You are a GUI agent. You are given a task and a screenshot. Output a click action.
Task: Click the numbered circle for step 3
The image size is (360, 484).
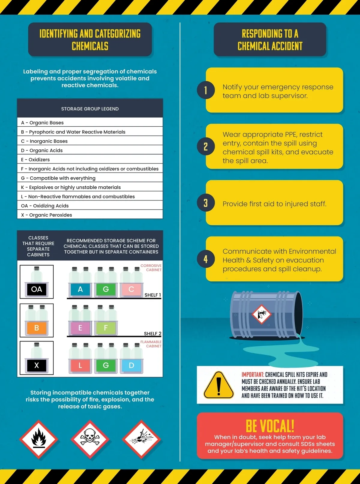coord(206,203)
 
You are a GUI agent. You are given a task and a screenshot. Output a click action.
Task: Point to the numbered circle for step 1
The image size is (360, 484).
coord(206,90)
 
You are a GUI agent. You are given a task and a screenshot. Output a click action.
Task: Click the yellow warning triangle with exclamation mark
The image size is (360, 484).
coord(218,385)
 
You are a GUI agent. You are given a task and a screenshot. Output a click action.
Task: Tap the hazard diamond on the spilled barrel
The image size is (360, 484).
coord(261,314)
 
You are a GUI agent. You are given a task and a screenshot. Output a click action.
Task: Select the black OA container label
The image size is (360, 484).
coord(37,289)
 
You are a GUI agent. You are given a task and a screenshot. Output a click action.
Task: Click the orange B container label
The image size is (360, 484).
coord(37,328)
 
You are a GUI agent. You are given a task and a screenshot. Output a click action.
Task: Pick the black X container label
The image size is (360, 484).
coord(37,365)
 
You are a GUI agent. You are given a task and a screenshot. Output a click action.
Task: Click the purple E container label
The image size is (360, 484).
coord(80,328)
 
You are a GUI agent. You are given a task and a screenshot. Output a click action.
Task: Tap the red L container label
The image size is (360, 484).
coord(80,365)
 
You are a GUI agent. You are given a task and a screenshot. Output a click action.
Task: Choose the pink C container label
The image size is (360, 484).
coord(131,289)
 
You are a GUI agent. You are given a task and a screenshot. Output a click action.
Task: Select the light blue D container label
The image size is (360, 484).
coord(131,365)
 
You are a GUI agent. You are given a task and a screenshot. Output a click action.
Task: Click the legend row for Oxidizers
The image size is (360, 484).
coord(90,159)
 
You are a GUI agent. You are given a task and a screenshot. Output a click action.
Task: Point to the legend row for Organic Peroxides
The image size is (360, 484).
coord(90,215)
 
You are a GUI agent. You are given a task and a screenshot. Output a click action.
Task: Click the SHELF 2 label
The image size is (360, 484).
coord(153,333)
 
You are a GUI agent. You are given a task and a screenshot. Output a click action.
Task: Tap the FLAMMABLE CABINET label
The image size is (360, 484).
coord(151,344)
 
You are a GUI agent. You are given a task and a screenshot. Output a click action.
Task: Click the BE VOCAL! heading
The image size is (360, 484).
coord(270,426)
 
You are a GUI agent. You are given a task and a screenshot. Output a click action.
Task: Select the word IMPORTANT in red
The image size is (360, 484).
coord(253,375)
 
